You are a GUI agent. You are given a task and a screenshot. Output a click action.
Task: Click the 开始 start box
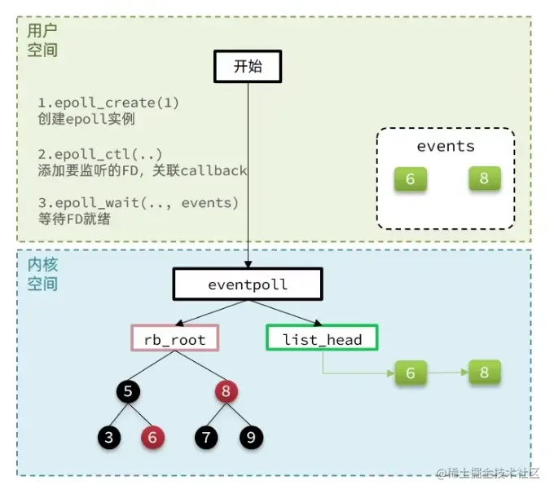(x=248, y=67)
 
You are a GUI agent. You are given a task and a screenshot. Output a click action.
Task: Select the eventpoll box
(x=248, y=285)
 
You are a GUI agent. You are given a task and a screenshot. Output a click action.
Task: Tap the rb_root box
(x=175, y=339)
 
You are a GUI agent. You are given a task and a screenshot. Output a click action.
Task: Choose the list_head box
(x=322, y=339)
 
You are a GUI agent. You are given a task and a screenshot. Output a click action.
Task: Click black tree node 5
(x=128, y=391)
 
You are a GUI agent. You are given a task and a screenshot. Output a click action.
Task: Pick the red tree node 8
(x=226, y=391)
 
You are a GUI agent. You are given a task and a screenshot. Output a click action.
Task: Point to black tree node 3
(x=112, y=438)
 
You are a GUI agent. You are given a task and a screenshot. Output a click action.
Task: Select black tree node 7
(x=207, y=438)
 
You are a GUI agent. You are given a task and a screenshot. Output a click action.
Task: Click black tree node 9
(x=251, y=438)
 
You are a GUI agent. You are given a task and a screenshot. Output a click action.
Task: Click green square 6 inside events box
(x=410, y=179)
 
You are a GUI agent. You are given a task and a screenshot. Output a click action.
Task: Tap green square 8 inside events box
(x=484, y=179)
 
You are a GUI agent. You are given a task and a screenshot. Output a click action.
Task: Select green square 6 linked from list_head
(x=411, y=373)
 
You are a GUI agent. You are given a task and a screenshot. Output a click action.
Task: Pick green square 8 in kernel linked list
(x=484, y=373)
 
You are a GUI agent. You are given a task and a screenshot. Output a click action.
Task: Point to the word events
(x=446, y=147)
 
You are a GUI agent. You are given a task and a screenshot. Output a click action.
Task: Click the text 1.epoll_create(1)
(x=108, y=103)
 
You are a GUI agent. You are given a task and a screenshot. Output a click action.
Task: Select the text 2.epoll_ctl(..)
(x=99, y=154)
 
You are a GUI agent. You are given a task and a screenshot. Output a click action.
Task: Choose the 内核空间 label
(x=42, y=275)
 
